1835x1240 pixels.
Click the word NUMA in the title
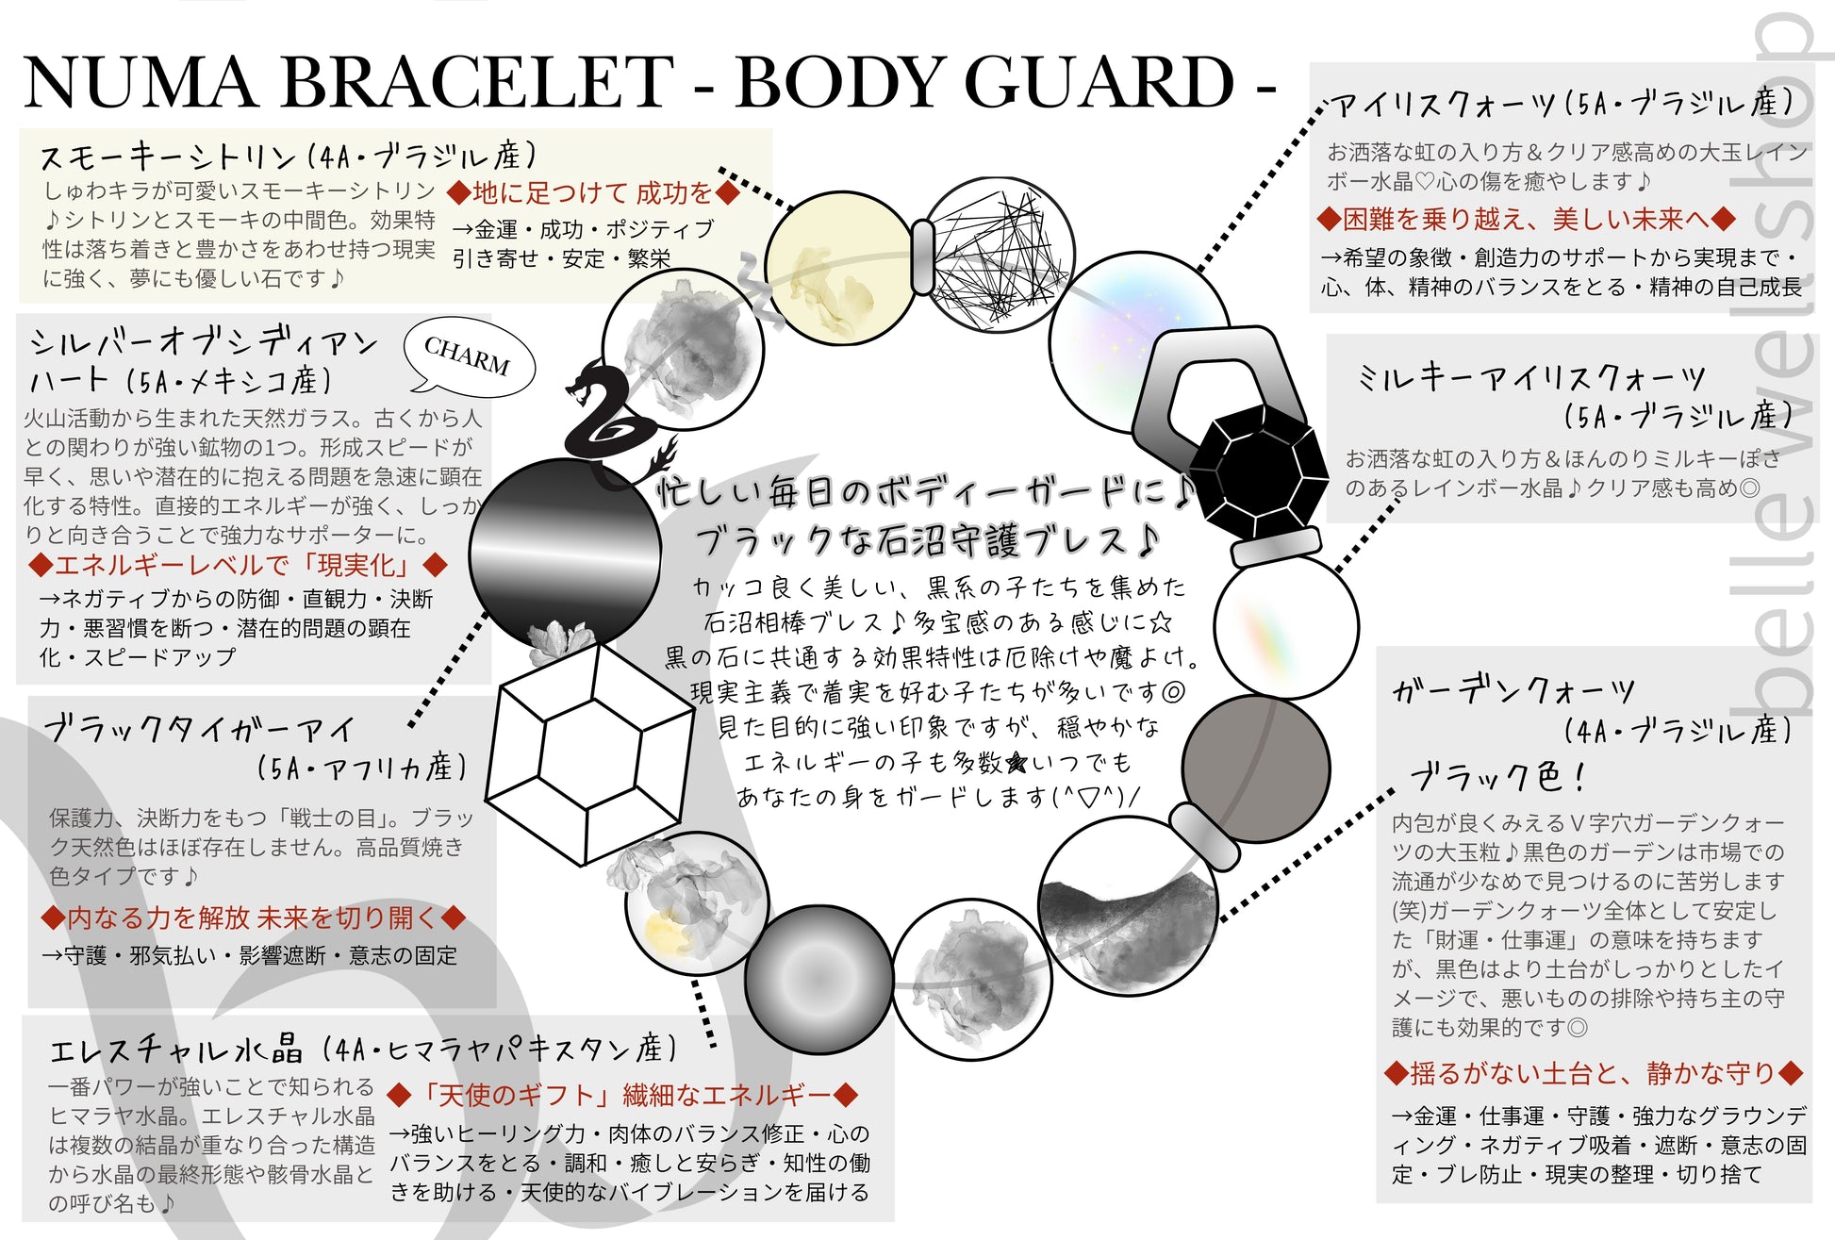coord(141,82)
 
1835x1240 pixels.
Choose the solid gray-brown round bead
coord(1255,769)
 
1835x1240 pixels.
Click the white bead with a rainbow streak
coord(1286,626)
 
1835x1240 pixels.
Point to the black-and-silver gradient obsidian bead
coord(566,554)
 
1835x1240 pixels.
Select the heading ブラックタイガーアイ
coord(200,728)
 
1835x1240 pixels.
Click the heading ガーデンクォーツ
coord(1513,690)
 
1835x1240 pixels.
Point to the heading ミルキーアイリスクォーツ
coord(1531,377)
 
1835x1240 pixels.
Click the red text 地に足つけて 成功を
coord(593,193)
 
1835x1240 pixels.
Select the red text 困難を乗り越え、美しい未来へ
coord(1527,220)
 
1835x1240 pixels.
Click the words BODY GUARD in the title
coord(984,82)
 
